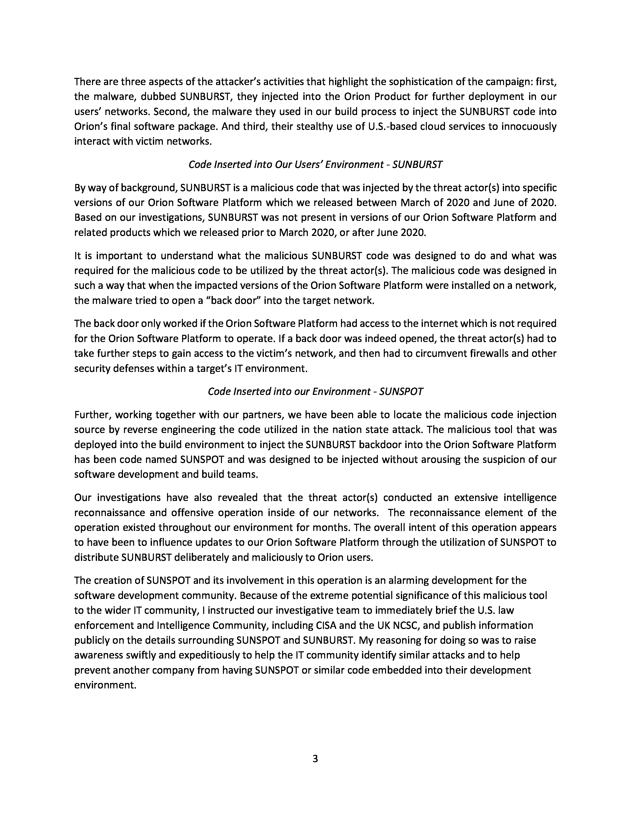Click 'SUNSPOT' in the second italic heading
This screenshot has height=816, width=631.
click(x=401, y=392)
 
